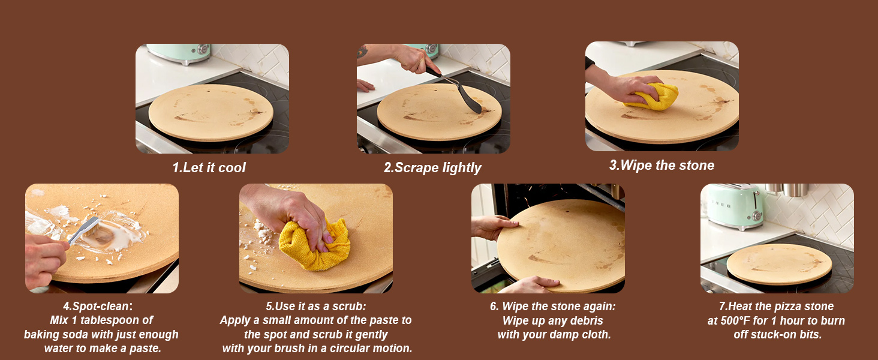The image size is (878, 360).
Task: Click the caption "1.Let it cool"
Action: coord(209,167)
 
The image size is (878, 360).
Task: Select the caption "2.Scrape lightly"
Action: coord(432,167)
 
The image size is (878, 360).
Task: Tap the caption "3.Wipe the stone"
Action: coord(661,165)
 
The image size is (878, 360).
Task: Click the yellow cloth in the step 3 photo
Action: coord(654,96)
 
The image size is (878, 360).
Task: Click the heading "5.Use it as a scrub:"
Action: coord(315,306)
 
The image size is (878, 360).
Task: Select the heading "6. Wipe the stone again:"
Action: coord(552,306)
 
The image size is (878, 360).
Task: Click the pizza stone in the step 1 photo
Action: coord(211,112)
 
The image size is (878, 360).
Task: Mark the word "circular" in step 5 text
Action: coord(341,349)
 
